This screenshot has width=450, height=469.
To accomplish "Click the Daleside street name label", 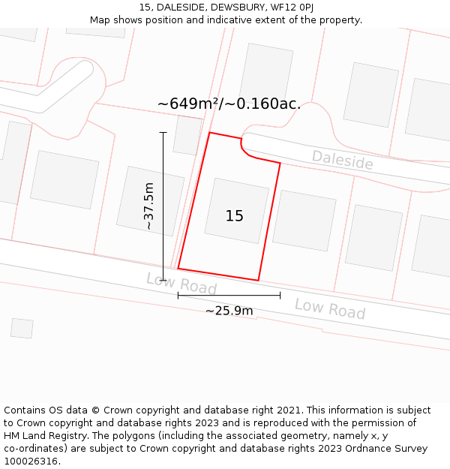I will pyautogui.click(x=342, y=160).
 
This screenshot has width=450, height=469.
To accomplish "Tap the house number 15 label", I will pyautogui.click(x=234, y=216).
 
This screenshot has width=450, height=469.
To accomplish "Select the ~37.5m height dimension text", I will pyautogui.click(x=148, y=206).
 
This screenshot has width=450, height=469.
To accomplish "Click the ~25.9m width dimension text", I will pyautogui.click(x=229, y=311).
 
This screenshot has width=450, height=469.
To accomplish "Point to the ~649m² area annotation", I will pyautogui.click(x=229, y=104).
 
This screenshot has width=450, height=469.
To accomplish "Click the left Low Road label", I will pyautogui.click(x=181, y=284).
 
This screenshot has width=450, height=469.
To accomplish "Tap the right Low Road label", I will pyautogui.click(x=329, y=308).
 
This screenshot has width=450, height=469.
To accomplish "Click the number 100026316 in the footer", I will pyautogui.click(x=30, y=461).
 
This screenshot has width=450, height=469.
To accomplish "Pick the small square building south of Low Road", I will pyautogui.click(x=22, y=328).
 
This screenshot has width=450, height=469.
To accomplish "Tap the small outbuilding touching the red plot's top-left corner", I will pyautogui.click(x=187, y=136).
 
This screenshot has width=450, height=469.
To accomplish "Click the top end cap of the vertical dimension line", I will pyautogui.click(x=163, y=133).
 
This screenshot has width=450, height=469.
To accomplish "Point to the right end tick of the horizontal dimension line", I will pyautogui.click(x=280, y=296).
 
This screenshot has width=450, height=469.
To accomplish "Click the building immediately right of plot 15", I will pyautogui.click(x=304, y=221).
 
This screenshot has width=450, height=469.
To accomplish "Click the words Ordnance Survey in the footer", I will pyautogui.click(x=393, y=449).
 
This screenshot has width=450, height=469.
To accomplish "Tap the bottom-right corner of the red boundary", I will pyautogui.click(x=259, y=281).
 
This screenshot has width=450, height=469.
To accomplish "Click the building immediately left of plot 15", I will pyautogui.click(x=150, y=201).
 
